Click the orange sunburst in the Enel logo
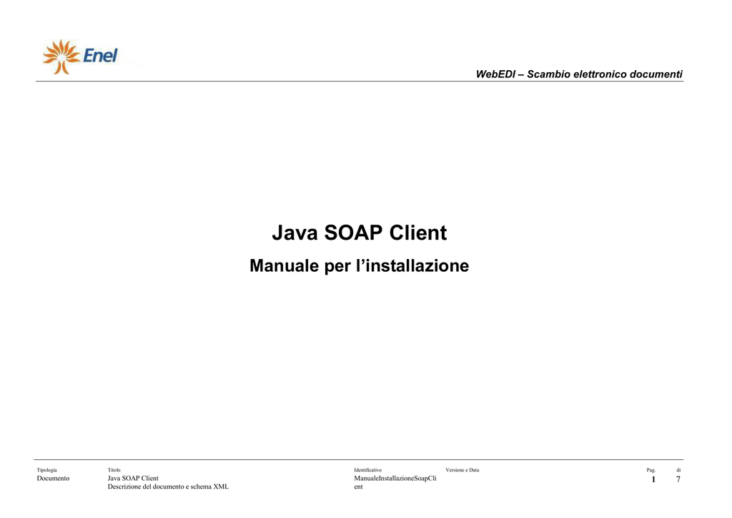point(61,57)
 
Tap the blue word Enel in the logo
point(100,56)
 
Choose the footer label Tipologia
point(46,470)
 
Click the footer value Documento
point(53,479)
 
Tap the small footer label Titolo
point(114,470)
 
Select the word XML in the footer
point(221,487)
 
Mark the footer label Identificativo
point(368,470)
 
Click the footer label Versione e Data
point(463,470)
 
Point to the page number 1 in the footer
point(653,479)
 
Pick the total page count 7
point(678,479)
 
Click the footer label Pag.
point(651,470)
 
